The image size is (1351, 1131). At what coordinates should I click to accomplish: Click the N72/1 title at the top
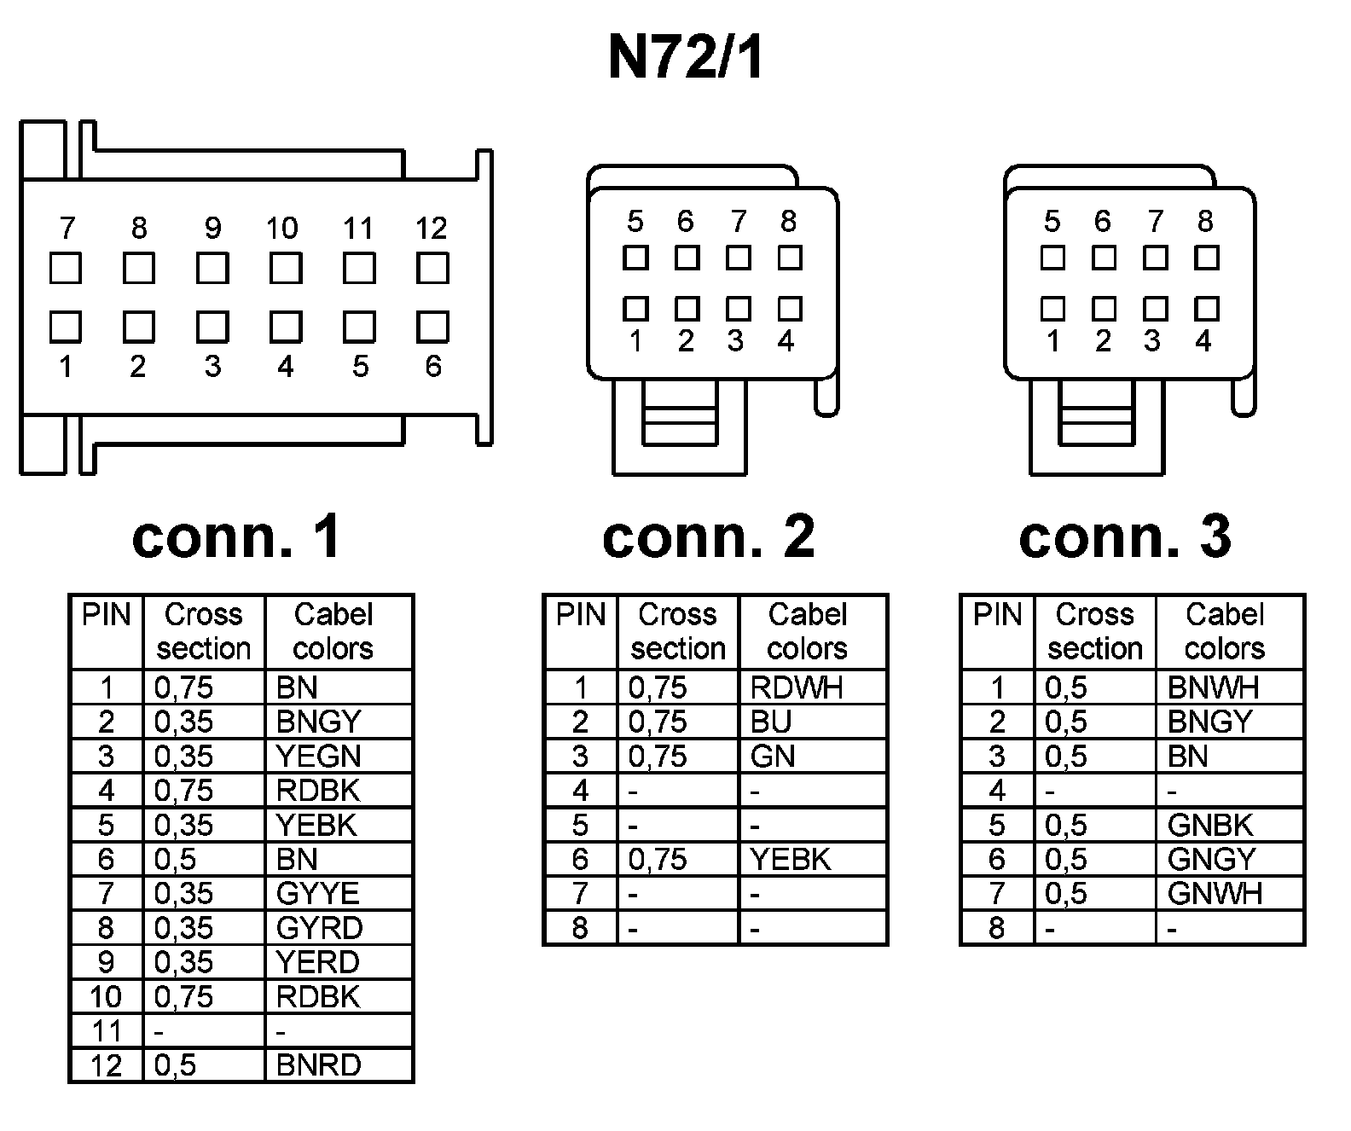pos(685,58)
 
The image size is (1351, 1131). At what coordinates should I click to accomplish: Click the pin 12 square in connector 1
pos(432,269)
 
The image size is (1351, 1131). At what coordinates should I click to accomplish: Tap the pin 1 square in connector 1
pos(66,327)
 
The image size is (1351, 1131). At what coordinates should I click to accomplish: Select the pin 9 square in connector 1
pos(212,269)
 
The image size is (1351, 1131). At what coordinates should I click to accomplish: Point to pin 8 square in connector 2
pos(790,257)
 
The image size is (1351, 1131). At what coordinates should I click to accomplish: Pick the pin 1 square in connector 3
pos(1052,308)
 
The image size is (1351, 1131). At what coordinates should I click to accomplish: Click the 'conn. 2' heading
pos(708,536)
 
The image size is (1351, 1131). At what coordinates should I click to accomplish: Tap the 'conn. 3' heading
pos(1125,536)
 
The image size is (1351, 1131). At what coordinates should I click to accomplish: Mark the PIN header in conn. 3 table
pos(997,615)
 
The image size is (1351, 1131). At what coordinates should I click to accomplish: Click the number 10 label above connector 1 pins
pos(282,228)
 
